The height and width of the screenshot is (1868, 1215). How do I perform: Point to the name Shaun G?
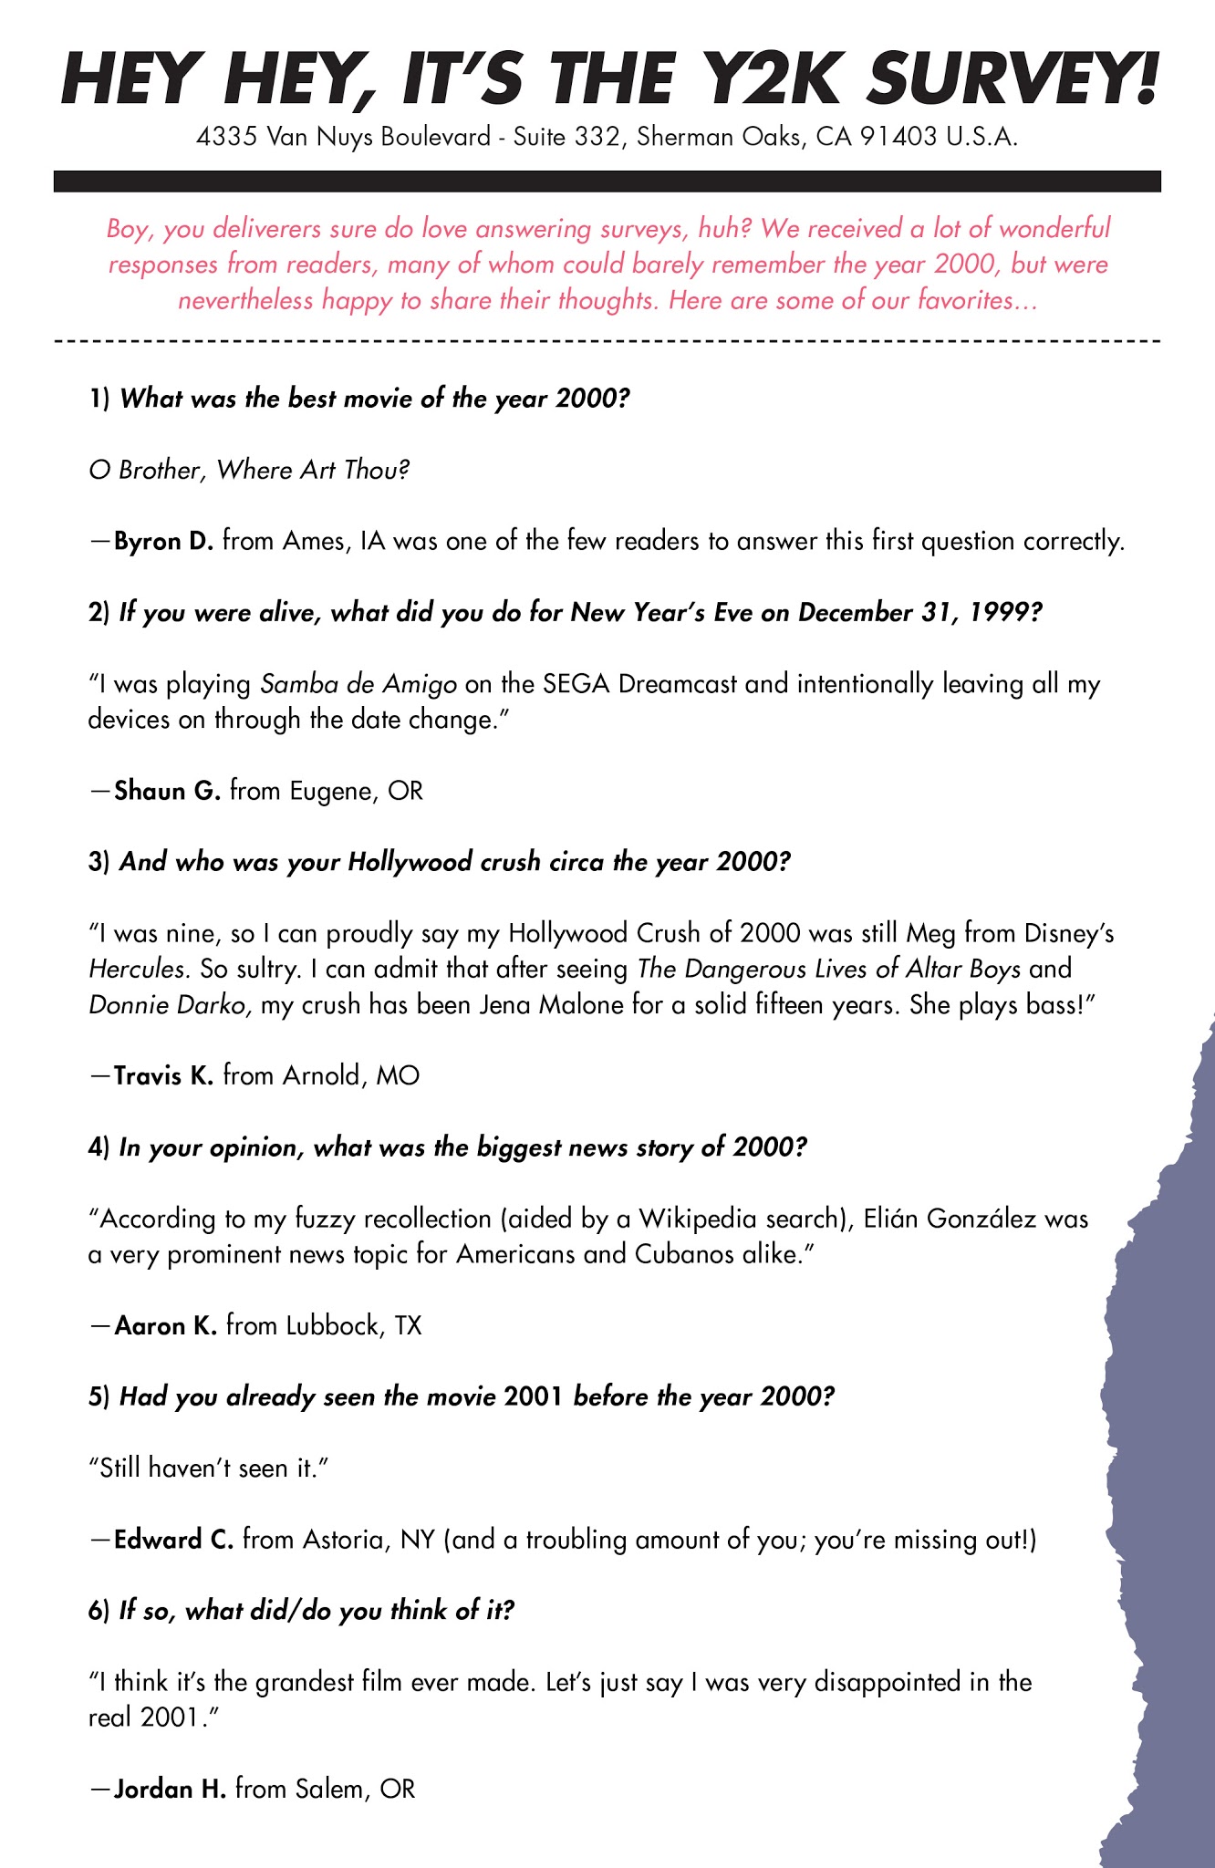point(168,791)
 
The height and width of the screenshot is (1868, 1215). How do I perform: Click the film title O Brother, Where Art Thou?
point(249,471)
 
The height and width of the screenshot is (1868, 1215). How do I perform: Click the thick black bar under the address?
point(607,182)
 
